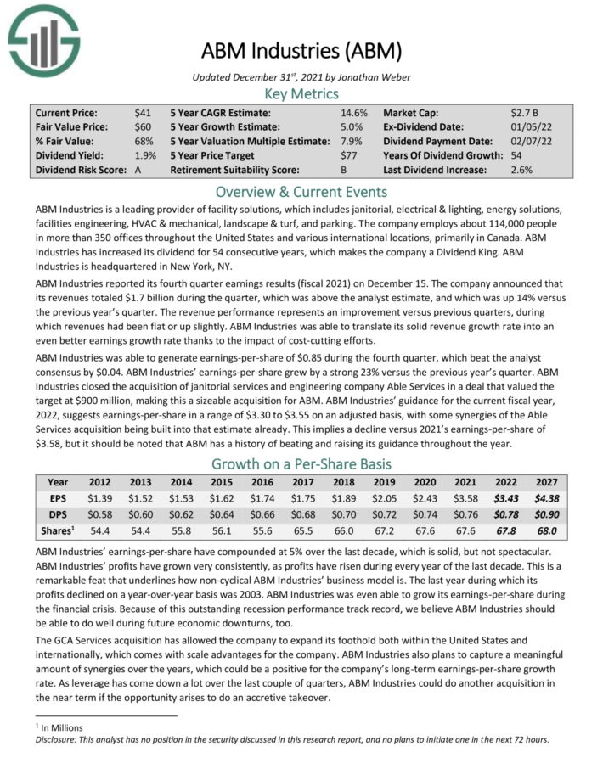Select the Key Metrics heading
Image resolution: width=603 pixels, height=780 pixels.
point(301,93)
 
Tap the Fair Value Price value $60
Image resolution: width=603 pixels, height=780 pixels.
point(143,126)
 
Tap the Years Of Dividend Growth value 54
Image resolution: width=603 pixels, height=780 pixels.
point(517,155)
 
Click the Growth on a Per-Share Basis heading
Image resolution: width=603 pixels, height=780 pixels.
point(301,463)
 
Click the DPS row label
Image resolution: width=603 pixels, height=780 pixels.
point(59,514)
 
